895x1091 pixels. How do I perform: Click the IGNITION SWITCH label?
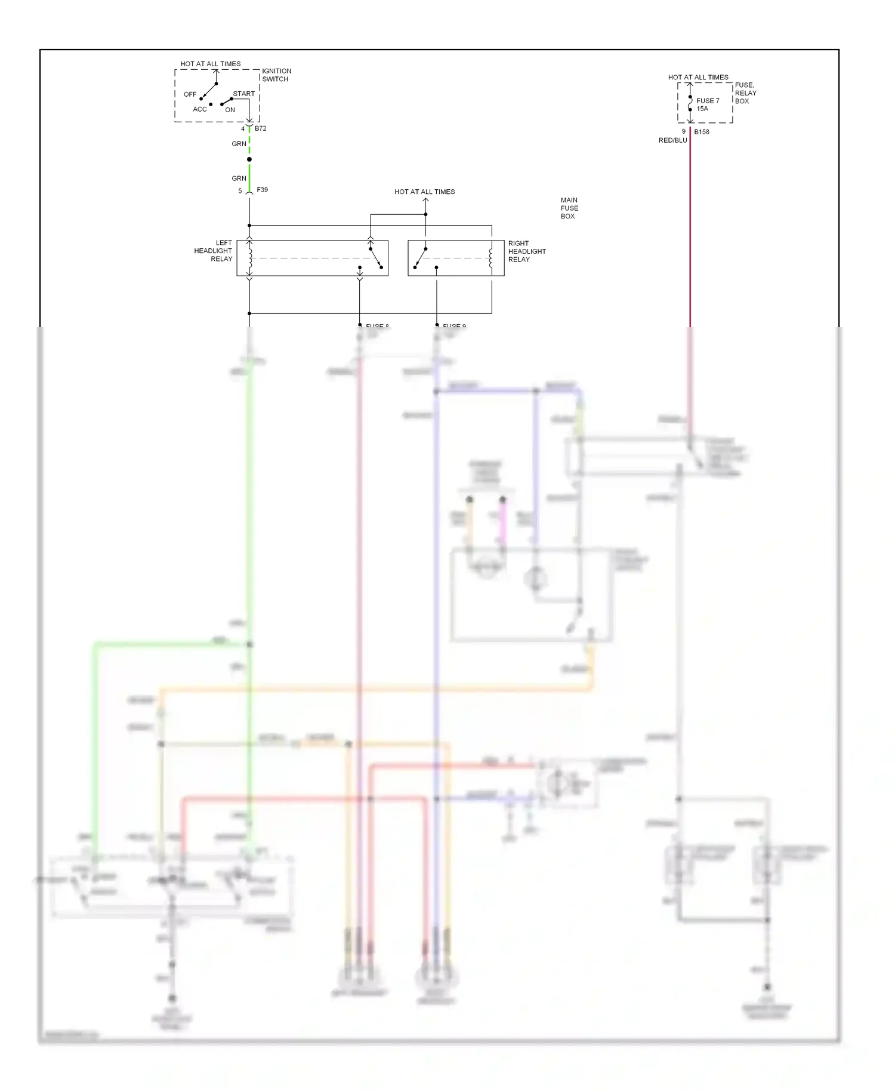(x=276, y=75)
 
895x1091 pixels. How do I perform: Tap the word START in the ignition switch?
(x=243, y=94)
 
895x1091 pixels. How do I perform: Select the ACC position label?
(x=199, y=109)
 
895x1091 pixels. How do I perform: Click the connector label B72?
(x=260, y=128)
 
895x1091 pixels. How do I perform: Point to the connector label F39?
(x=262, y=190)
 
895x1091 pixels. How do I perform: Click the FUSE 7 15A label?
(x=708, y=104)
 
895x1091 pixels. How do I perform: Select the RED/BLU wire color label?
(x=672, y=140)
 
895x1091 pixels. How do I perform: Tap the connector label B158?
(x=702, y=132)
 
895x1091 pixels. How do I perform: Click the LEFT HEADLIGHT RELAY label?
(x=214, y=251)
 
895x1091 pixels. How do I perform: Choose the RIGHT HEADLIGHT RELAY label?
(x=526, y=251)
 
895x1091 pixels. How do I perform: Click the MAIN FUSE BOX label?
(x=569, y=208)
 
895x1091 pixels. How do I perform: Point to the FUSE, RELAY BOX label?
(x=745, y=93)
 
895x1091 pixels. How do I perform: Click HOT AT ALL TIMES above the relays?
(x=424, y=192)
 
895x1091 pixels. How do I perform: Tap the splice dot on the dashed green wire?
(x=249, y=159)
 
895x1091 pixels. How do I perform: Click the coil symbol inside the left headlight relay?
(x=249, y=258)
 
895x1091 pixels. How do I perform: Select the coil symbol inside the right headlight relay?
(x=491, y=258)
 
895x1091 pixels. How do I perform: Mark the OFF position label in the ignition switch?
(x=190, y=94)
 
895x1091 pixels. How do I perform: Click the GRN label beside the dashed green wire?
(x=239, y=144)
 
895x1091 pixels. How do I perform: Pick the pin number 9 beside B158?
(x=684, y=131)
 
